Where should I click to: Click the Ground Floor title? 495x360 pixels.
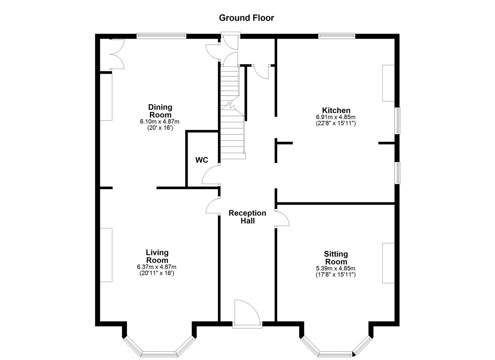246,18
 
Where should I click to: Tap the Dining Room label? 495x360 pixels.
160,111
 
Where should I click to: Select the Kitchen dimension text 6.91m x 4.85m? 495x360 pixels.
336,117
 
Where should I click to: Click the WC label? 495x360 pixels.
202,160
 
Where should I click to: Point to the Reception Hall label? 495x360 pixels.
247,217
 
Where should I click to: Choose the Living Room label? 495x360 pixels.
157,256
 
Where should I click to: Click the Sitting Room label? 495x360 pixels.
336,258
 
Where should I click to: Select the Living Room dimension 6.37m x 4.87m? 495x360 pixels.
157,267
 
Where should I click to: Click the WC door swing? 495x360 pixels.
210,176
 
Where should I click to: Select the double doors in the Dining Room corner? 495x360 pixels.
117,54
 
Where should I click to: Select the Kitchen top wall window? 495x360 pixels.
337,35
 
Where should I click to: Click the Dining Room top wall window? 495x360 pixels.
161,35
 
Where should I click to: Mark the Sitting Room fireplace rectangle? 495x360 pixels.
388,263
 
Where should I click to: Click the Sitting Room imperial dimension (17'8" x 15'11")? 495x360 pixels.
336,275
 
